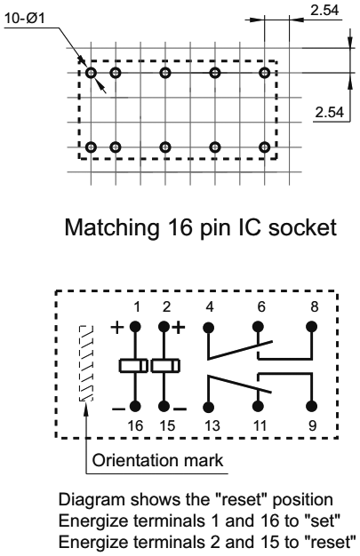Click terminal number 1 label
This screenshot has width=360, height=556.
[x=136, y=307]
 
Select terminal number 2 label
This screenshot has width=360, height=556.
[x=164, y=307]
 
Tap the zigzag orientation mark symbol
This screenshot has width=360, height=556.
[x=86, y=365]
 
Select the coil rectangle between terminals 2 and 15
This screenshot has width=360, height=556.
[x=165, y=365]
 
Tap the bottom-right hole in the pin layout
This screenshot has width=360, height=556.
[x=264, y=146]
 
